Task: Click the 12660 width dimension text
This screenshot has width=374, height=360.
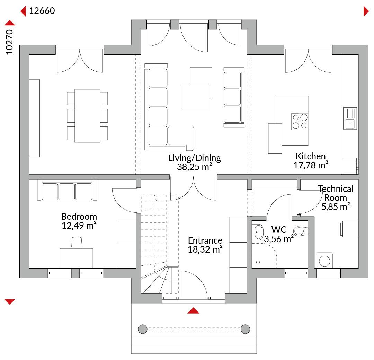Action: [42, 11]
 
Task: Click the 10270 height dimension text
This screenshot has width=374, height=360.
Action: [9, 42]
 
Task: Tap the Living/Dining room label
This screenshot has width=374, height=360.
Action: [194, 158]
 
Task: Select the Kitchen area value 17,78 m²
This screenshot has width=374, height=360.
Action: [311, 165]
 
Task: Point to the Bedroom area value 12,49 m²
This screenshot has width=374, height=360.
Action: [79, 225]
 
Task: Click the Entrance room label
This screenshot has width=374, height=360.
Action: [205, 240]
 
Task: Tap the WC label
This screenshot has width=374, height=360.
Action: [279, 230]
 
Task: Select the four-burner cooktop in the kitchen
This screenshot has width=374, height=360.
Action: [300, 122]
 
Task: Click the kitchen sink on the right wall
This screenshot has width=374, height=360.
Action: [350, 118]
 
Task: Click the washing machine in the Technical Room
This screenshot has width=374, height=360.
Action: [324, 261]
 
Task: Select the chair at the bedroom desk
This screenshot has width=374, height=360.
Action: [77, 242]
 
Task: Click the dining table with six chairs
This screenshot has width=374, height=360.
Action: [87, 116]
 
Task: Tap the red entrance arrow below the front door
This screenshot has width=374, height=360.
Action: [193, 310]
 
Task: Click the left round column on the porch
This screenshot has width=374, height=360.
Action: [143, 329]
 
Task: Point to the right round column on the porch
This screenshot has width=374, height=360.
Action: [245, 329]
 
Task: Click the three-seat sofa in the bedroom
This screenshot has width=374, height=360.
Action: [67, 190]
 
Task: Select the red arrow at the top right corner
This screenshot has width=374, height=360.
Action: [366, 11]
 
